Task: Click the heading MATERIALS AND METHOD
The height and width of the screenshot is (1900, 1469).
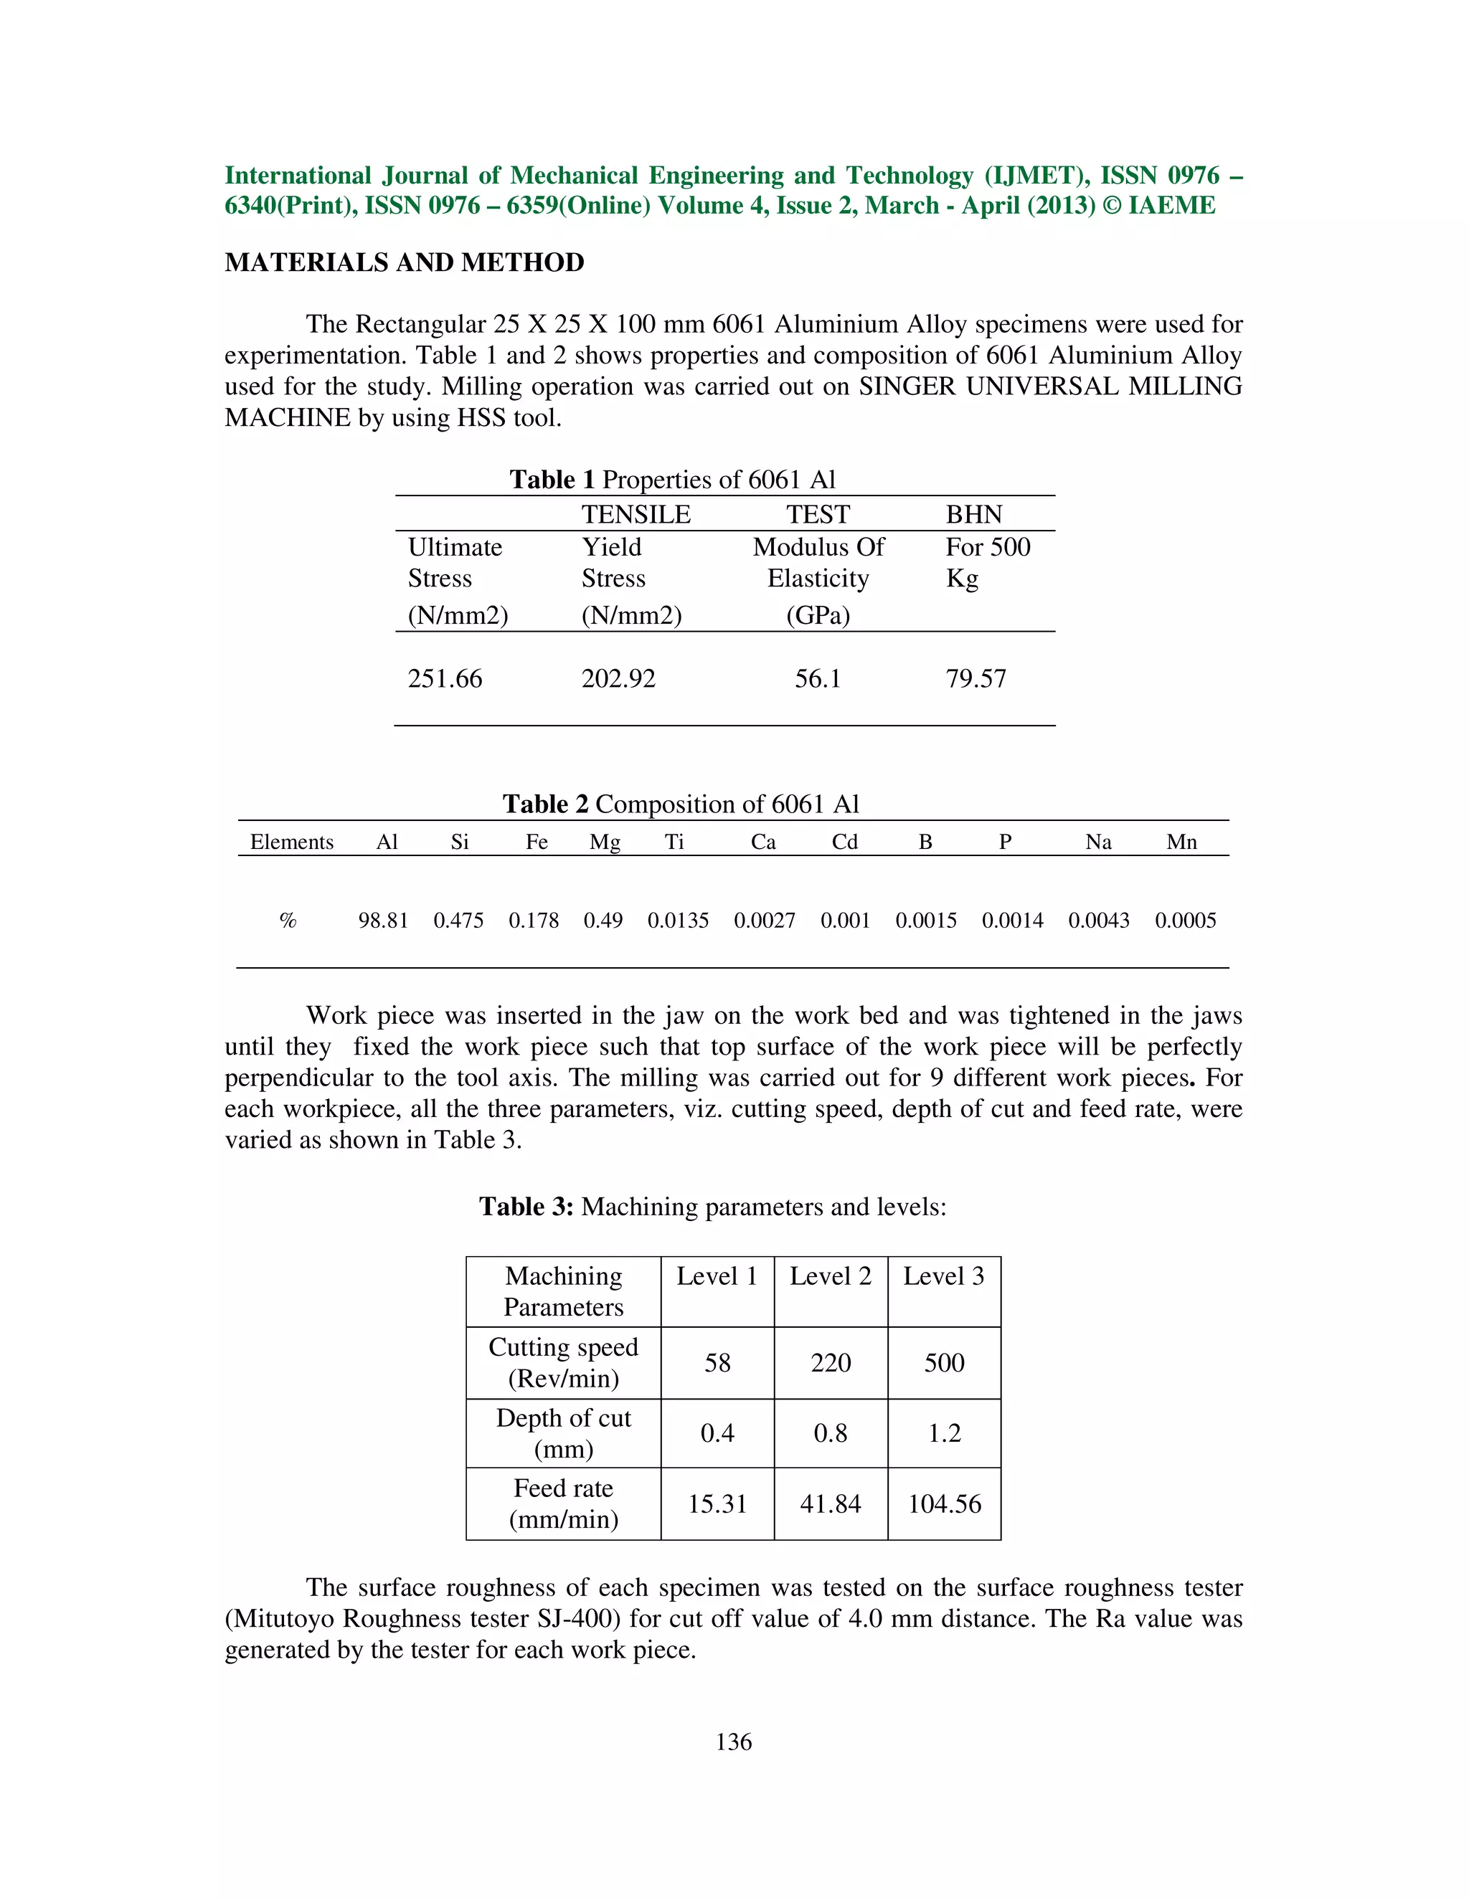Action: pos(404,262)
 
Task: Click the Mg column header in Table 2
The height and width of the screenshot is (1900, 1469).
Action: pos(605,842)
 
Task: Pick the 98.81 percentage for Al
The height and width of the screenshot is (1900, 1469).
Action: pos(383,921)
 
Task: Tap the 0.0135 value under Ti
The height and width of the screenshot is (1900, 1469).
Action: pos(678,921)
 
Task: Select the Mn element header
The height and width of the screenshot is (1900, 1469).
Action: pos(1181,842)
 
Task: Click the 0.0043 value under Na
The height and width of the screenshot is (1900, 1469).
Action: pos(1098,921)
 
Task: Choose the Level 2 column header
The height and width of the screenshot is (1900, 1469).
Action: pos(830,1276)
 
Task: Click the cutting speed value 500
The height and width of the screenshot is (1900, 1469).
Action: pos(944,1362)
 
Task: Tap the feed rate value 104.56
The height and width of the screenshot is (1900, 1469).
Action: pos(944,1504)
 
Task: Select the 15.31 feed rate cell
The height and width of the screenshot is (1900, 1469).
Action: pos(717,1504)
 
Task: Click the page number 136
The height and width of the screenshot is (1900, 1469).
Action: pos(734,1742)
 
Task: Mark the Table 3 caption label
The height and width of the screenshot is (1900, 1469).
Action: pos(526,1207)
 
